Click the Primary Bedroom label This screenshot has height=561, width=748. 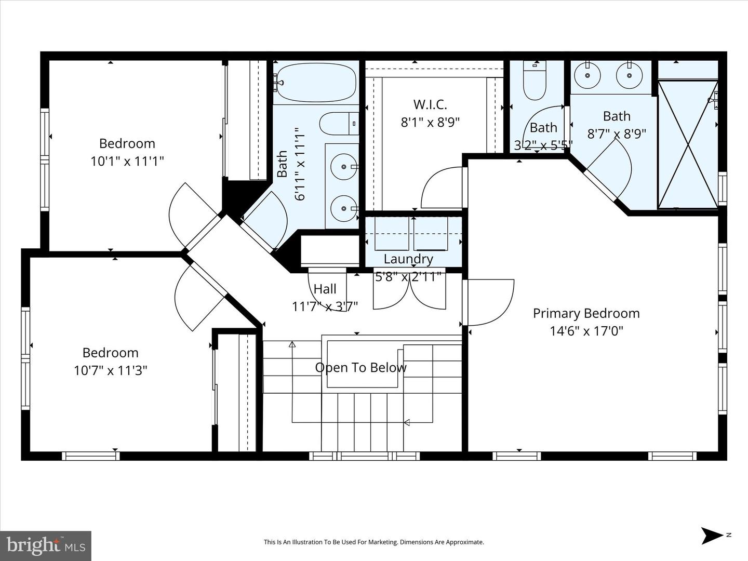click(x=586, y=313)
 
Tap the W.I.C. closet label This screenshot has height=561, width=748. click(x=430, y=104)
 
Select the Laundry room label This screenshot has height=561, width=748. click(x=408, y=259)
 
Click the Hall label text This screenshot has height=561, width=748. click(x=325, y=289)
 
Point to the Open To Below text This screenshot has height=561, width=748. click(x=360, y=368)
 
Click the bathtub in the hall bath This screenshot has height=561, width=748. click(x=316, y=83)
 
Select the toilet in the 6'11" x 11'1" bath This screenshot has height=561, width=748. click(x=338, y=124)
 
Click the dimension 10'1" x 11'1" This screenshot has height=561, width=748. click(x=127, y=161)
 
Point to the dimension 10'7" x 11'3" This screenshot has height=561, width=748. click(x=111, y=370)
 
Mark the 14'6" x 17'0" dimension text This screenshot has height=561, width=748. click(x=586, y=331)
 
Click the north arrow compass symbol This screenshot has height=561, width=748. click(x=712, y=536)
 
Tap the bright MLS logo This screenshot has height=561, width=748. click(x=45, y=545)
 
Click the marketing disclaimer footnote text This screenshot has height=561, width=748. click(x=373, y=542)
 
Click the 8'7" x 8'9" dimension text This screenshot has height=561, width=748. click(x=617, y=134)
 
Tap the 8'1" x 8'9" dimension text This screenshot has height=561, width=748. click(x=430, y=122)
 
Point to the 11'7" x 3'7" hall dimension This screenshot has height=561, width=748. click(x=325, y=306)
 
